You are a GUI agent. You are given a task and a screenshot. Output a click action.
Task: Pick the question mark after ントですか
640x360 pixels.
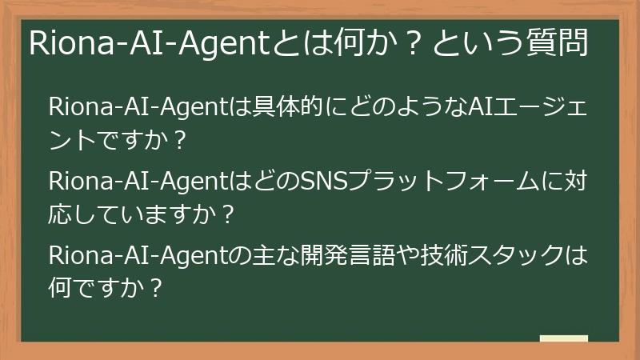tap(179, 142)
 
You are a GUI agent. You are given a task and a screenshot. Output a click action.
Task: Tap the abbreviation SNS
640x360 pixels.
tap(324, 182)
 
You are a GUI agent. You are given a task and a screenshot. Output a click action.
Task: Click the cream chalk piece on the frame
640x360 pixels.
tap(563, 339)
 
